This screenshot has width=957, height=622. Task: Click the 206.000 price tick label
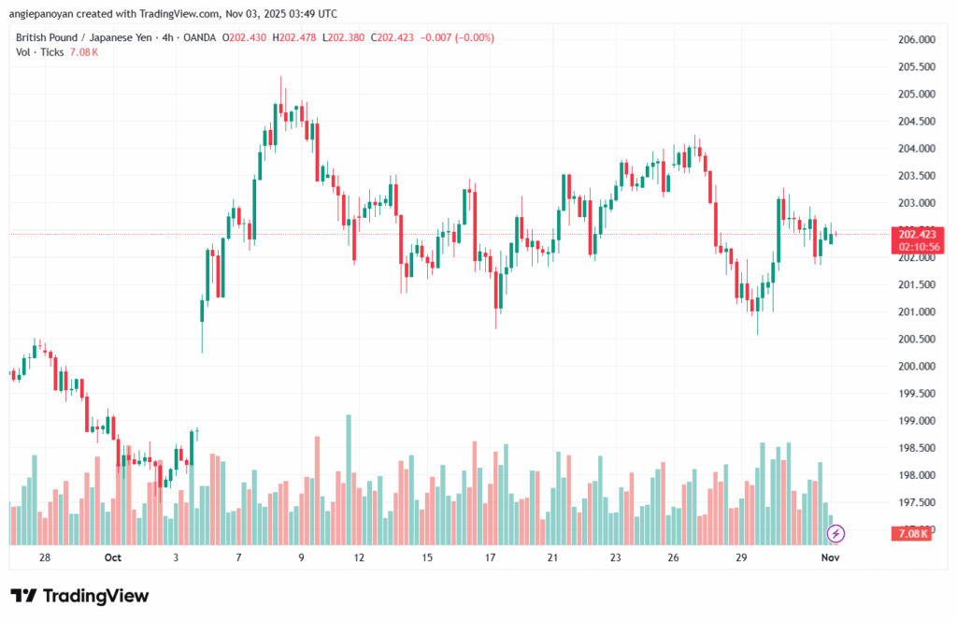[916, 40]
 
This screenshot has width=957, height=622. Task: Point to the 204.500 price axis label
[916, 122]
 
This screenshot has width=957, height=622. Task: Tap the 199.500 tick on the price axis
[916, 394]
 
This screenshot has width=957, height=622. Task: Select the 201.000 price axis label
[916, 312]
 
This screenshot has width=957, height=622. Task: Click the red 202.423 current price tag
[918, 234]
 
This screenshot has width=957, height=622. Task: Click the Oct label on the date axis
[112, 557]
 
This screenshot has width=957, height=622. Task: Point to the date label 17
[490, 557]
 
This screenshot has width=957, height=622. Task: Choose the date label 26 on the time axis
[673, 557]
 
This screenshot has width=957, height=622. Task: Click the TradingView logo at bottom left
[79, 596]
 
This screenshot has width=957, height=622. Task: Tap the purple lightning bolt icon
[836, 533]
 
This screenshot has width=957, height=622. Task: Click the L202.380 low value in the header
[344, 37]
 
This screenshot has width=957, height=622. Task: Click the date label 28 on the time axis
[45, 557]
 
